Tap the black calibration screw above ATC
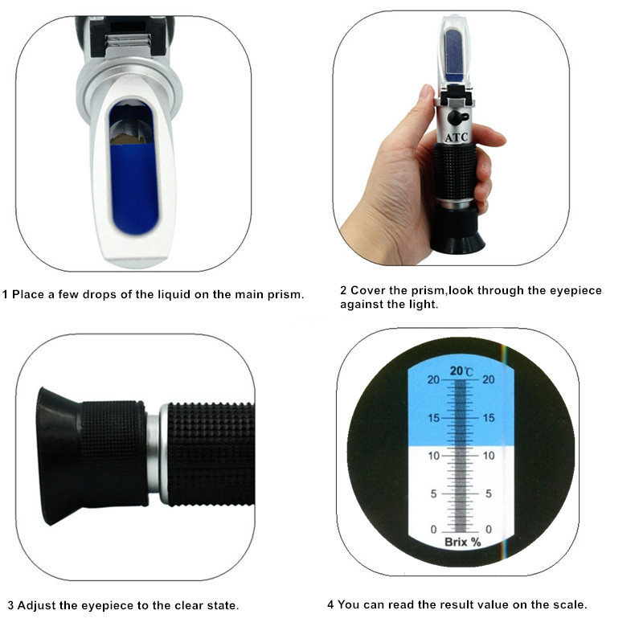tap(456, 118)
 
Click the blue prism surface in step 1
tap(133, 185)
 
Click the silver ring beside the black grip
tap(155, 454)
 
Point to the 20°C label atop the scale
tap(461, 371)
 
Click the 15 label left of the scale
tap(433, 418)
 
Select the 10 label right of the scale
tap(487, 456)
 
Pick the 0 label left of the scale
tap(435, 530)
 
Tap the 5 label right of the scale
tap(489, 494)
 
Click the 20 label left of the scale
tap(433, 380)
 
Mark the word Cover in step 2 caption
tap(366, 290)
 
